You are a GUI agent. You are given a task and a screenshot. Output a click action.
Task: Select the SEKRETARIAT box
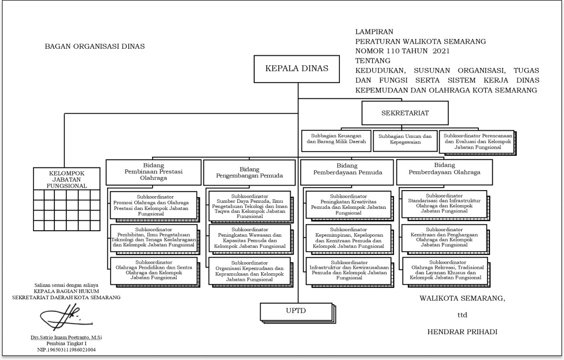[x=405, y=113]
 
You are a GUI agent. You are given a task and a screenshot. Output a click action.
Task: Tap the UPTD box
[x=297, y=310]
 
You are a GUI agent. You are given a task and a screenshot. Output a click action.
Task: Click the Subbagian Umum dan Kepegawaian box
[x=404, y=140]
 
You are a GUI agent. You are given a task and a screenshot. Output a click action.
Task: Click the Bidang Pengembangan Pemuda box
[x=249, y=172]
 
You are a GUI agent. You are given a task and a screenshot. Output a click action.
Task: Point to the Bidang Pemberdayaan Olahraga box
[x=444, y=172]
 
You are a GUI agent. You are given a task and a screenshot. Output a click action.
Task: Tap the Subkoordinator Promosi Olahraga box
[x=153, y=205]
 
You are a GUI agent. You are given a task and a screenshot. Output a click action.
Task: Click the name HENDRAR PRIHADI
[x=462, y=332]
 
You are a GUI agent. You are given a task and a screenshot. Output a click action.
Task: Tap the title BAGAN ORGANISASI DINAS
[x=95, y=47]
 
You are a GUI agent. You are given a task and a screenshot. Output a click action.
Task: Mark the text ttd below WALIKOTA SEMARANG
[x=462, y=315]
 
